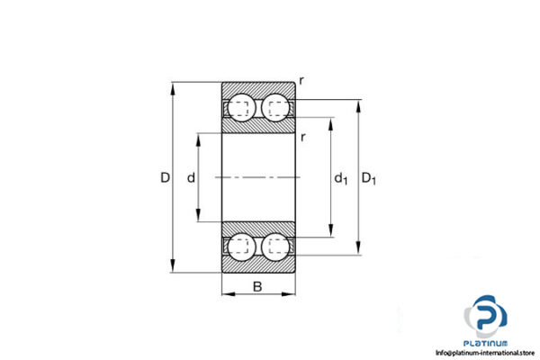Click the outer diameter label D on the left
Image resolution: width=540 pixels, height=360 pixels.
(165, 179)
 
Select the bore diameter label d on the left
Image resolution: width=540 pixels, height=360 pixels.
(191, 179)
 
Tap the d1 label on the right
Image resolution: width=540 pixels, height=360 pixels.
(341, 180)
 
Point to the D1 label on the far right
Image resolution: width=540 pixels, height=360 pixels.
(369, 180)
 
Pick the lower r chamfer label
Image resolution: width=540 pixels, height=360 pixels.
(305, 136)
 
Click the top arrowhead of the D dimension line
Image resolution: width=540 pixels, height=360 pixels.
(173, 88)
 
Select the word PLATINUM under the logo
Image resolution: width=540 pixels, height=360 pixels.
(486, 344)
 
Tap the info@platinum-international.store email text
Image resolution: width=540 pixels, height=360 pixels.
(486, 353)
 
